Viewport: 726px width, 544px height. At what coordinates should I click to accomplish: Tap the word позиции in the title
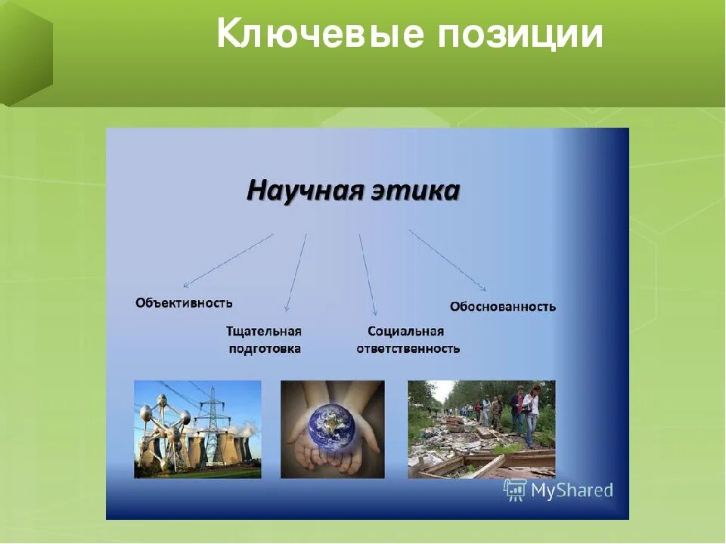tap(520, 35)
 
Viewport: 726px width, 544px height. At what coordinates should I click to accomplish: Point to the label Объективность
tap(184, 303)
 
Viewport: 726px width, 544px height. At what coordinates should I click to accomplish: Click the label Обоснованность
tap(503, 307)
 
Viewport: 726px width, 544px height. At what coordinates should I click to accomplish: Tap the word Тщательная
tap(264, 332)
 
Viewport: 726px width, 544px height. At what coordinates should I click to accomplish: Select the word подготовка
tap(265, 349)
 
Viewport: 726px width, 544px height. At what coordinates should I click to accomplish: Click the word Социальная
tap(405, 332)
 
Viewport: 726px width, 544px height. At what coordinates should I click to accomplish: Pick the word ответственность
tap(408, 349)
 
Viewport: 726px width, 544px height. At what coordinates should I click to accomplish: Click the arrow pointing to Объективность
tap(228, 261)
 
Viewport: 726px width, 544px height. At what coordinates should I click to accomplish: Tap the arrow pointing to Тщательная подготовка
tap(296, 272)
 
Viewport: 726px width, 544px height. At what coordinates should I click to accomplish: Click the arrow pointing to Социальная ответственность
tap(368, 275)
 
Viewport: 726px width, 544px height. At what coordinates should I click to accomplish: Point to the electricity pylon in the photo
tap(211, 425)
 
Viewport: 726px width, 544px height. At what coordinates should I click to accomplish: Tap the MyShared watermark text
tap(572, 490)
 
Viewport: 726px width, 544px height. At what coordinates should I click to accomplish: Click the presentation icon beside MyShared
tap(515, 490)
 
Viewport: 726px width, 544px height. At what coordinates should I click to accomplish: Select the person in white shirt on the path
tap(532, 416)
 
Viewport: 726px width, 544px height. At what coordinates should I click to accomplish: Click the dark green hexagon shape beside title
tap(26, 53)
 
